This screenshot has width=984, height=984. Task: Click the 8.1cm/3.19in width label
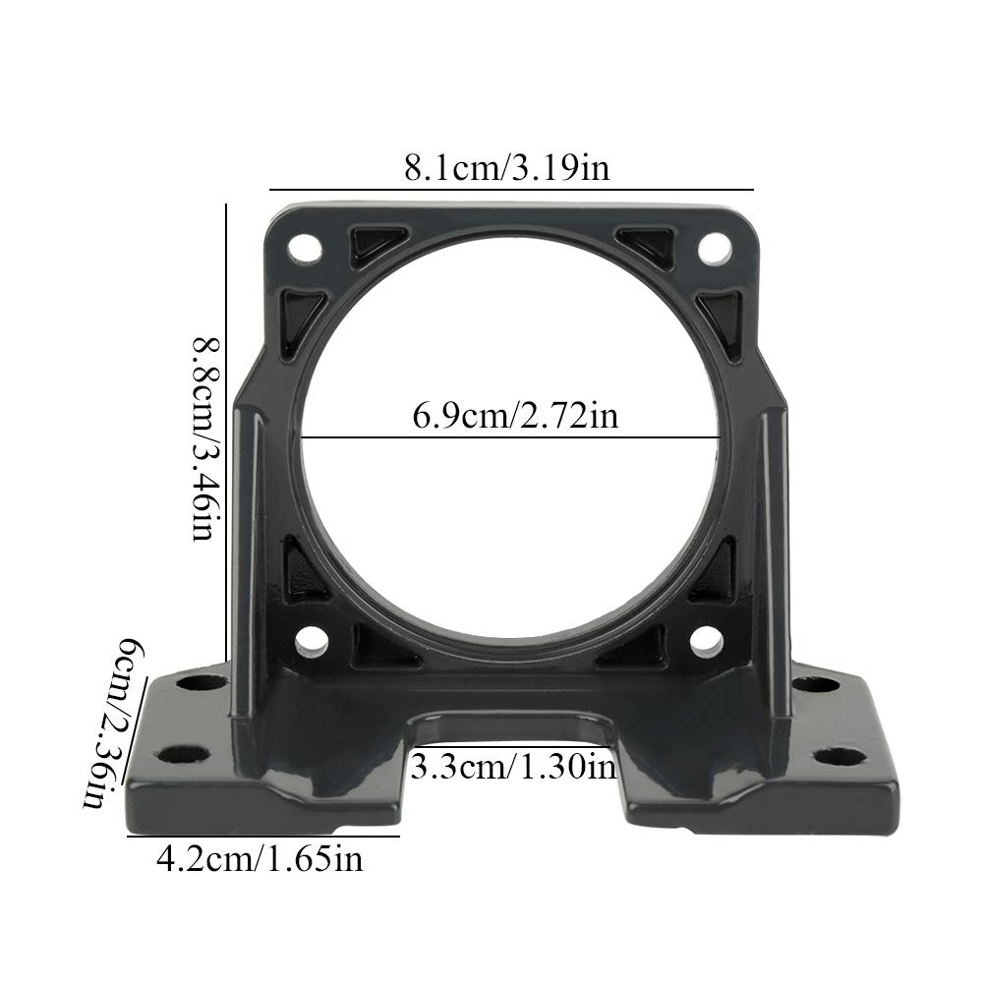pos(507,166)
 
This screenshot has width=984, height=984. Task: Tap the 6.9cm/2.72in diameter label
pos(515,416)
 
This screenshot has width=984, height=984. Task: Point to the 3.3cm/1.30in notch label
pos(513,765)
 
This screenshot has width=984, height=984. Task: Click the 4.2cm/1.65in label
pos(260,860)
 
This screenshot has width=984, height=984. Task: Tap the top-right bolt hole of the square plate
pos(714,249)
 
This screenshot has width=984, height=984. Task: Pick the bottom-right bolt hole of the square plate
pos(706,641)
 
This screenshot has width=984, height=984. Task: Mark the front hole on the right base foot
pos(839,756)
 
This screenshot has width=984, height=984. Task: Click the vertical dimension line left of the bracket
pos(227,433)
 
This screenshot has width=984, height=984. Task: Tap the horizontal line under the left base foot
pos(263,837)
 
